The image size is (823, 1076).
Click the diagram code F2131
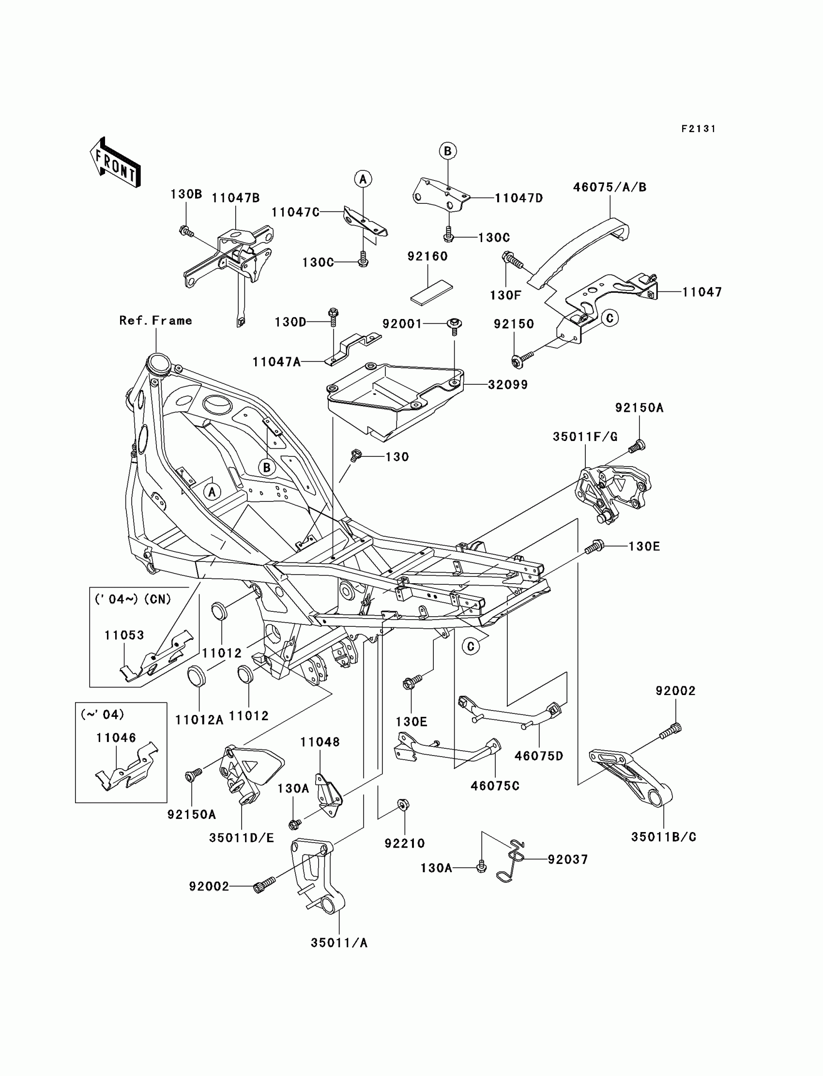point(699,129)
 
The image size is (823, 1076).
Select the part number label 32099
point(508,385)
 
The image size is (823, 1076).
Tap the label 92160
point(427,256)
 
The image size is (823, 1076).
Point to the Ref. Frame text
point(156,320)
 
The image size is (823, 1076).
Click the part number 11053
point(124,635)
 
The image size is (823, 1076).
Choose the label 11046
point(116,738)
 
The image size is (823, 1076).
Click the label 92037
point(568,859)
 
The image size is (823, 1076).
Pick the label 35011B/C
point(664,837)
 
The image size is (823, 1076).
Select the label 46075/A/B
point(610,187)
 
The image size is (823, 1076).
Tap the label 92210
point(405,843)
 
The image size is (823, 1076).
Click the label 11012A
point(199,719)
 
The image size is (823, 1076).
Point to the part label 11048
point(320,742)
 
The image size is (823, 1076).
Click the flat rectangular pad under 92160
point(431,292)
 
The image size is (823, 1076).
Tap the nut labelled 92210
point(404,804)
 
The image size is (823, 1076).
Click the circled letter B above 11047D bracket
point(447,151)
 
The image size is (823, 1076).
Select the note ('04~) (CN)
point(132,599)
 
